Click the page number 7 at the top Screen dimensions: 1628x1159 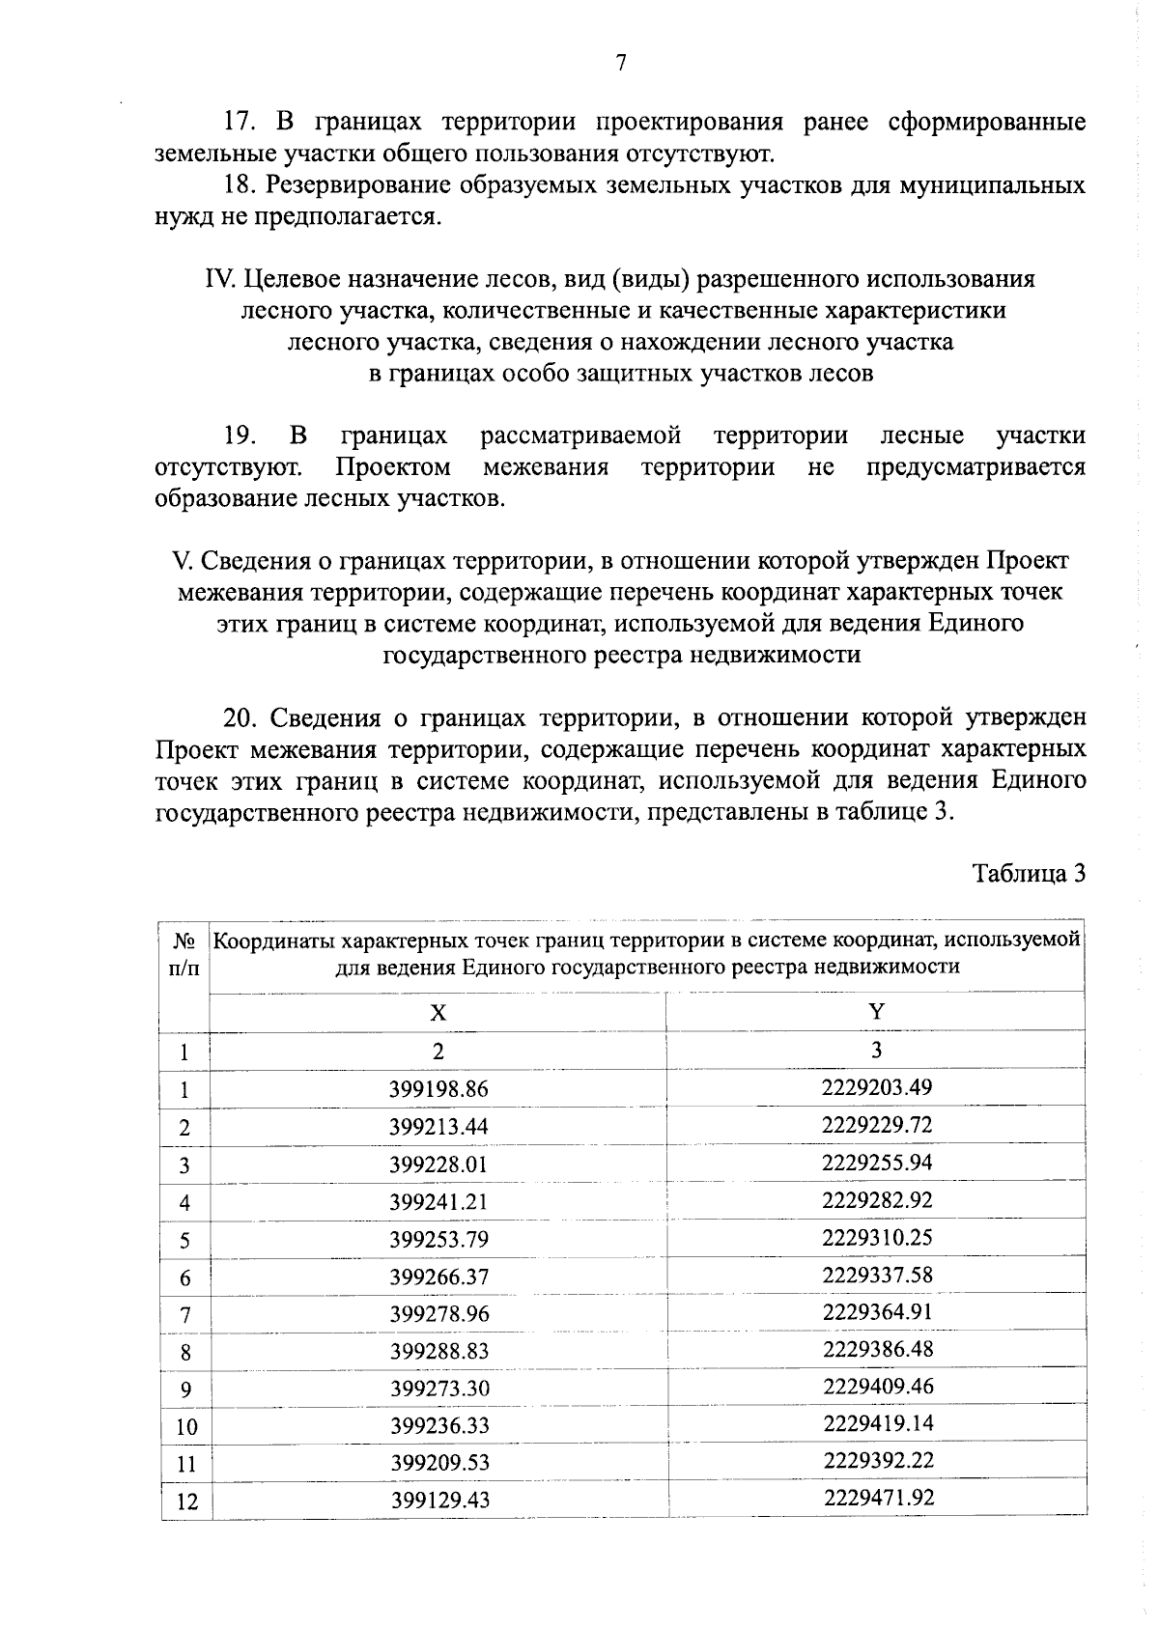[621, 64]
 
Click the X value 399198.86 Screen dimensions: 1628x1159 [438, 1090]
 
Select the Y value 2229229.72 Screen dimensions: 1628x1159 [876, 1126]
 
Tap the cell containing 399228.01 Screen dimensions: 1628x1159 [438, 1165]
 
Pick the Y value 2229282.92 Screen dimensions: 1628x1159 [876, 1201]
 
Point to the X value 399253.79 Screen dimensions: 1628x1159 [438, 1240]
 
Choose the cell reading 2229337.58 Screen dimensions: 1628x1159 [876, 1276]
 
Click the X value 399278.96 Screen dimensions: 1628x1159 [438, 1314]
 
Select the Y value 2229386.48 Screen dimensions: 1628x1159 [876, 1350]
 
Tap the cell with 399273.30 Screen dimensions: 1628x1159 [438, 1389]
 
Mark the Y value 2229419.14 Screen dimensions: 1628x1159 [877, 1424]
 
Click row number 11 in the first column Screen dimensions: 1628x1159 [186, 1465]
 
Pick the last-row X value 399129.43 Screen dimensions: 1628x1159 [439, 1502]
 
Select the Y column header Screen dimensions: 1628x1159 [876, 1011]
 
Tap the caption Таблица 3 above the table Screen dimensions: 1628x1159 [1029, 875]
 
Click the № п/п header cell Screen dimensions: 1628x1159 [184, 954]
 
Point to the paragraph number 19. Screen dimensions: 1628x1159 [239, 435]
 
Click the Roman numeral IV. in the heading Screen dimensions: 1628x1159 [220, 280]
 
